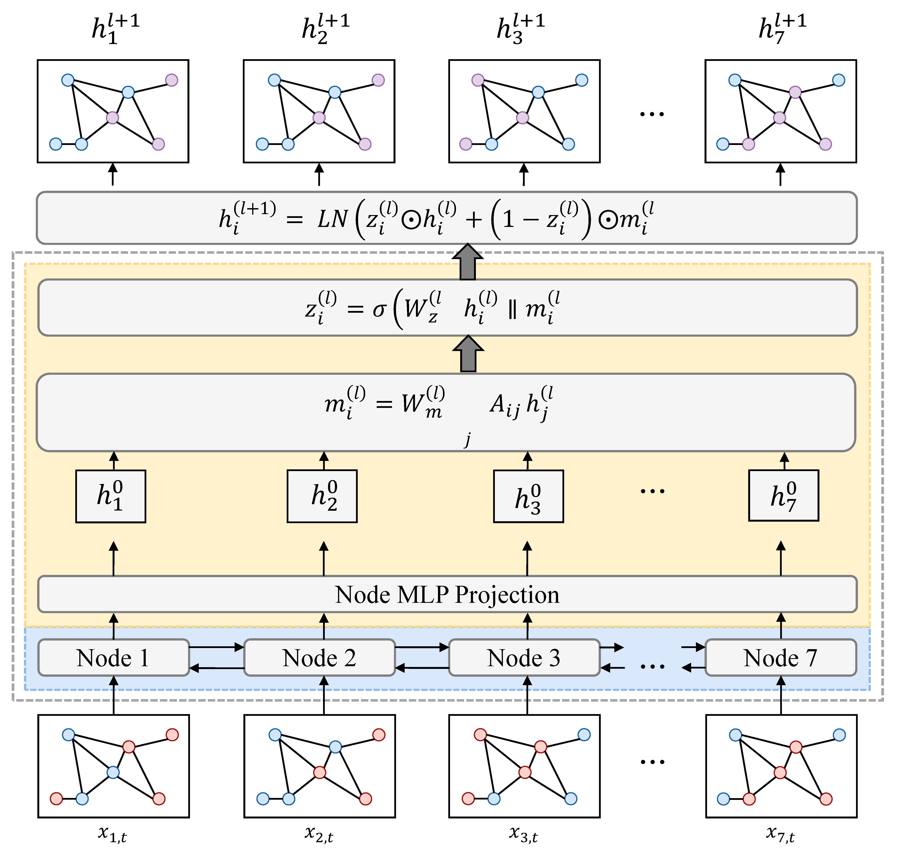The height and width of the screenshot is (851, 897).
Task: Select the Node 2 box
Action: click(319, 657)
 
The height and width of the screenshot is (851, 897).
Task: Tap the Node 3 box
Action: click(524, 657)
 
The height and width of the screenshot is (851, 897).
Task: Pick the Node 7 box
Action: click(780, 657)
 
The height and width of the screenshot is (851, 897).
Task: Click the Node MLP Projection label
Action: click(447, 594)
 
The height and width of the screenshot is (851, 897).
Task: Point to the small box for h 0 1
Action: click(111, 496)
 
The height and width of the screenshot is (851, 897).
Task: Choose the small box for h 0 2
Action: click(322, 496)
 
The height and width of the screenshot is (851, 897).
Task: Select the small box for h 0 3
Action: click(529, 496)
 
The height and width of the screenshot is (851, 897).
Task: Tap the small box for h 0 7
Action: click(784, 495)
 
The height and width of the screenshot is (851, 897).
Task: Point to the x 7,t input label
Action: click(780, 834)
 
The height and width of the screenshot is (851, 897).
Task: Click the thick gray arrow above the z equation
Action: click(468, 262)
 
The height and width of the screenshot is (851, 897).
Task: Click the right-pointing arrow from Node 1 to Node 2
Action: click(216, 647)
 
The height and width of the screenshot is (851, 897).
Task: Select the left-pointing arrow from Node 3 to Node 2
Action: click(422, 668)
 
